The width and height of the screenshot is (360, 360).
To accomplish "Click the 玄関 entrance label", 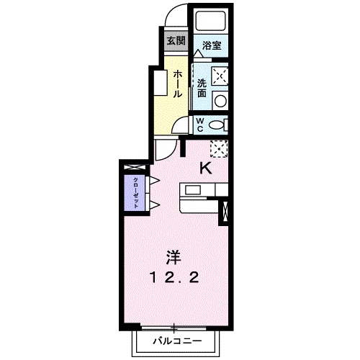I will coord(175,40).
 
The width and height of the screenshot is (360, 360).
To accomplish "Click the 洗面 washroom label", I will coord(202,87).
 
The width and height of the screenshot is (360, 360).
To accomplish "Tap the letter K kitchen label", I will coord(205,168).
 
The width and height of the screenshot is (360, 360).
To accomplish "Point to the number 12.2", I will coord(174,276).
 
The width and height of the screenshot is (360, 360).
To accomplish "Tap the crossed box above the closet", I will coord(135,168).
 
